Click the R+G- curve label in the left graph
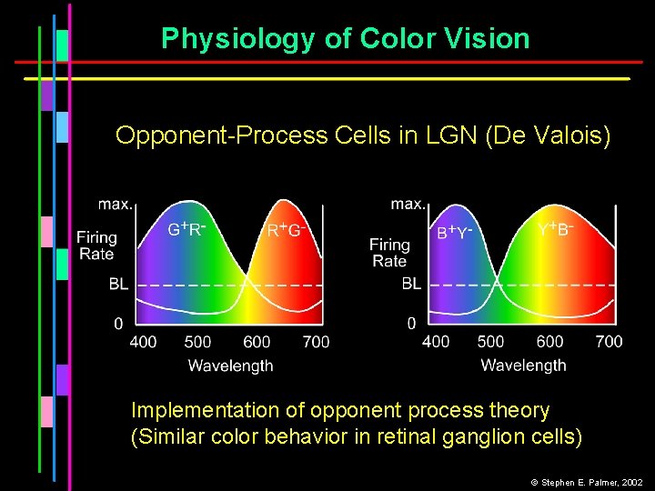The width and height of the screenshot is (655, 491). (284, 230)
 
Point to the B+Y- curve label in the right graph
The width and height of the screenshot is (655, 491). (455, 232)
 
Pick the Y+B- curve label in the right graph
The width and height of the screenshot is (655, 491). (553, 229)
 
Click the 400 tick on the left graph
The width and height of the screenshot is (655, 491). (143, 343)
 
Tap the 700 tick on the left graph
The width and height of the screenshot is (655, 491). (316, 343)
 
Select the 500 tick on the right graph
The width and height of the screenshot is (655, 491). (490, 342)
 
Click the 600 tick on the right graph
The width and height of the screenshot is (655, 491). (549, 342)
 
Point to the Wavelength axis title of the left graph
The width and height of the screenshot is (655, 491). (230, 366)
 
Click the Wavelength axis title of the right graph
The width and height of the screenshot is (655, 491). (523, 366)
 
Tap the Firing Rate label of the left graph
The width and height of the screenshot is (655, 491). (96, 245)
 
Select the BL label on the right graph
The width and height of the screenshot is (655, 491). (411, 284)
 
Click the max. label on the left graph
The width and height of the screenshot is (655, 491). (116, 204)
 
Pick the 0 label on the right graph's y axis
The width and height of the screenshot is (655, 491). (411, 323)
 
